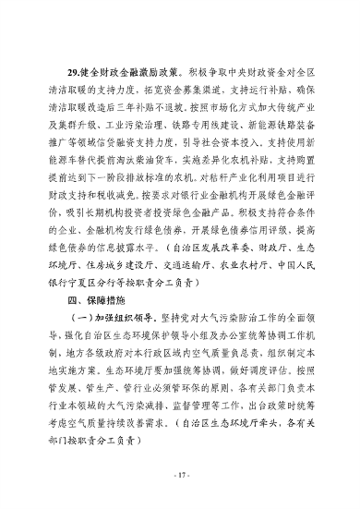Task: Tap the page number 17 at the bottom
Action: point(181,475)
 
